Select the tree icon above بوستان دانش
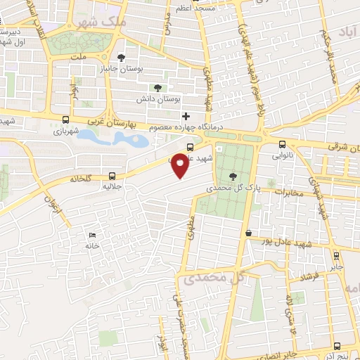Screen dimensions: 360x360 pyautogui.click(x=157, y=89)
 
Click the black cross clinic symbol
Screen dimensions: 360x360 pyautogui.click(x=186, y=116)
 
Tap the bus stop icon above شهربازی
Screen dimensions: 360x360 pyautogui.click(x=65, y=120)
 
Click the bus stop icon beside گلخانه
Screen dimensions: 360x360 pyautogui.click(x=113, y=176)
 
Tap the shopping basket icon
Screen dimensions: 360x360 pyautogui.click(x=248, y=233)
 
